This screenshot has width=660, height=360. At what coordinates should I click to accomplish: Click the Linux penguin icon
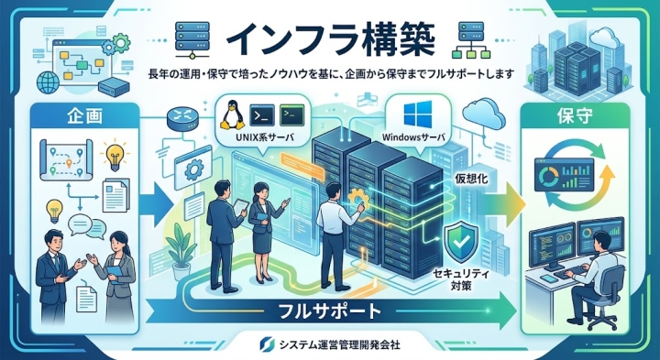232,115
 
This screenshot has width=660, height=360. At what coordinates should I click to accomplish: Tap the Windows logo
418,114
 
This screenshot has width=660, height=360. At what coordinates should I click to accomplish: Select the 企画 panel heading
84,117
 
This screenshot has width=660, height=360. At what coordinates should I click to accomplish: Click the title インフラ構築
330,41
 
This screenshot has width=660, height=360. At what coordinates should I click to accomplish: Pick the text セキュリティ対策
461,280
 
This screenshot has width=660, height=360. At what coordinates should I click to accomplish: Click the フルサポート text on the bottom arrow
330,311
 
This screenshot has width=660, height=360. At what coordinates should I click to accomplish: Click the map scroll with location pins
66,159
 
